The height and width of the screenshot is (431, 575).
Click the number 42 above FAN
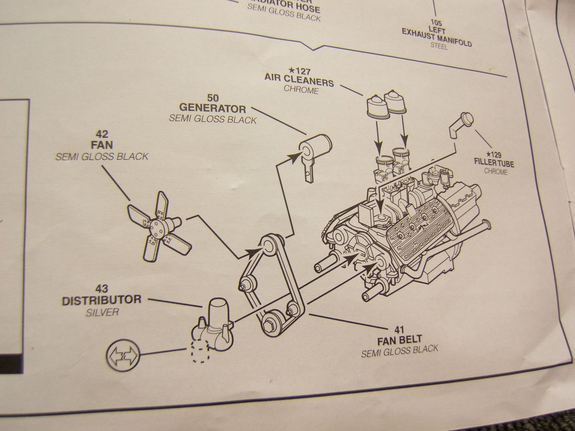[x=102, y=134]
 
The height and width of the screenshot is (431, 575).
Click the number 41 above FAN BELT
[x=399, y=330]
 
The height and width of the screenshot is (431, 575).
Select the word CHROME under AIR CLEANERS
[x=301, y=90]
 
